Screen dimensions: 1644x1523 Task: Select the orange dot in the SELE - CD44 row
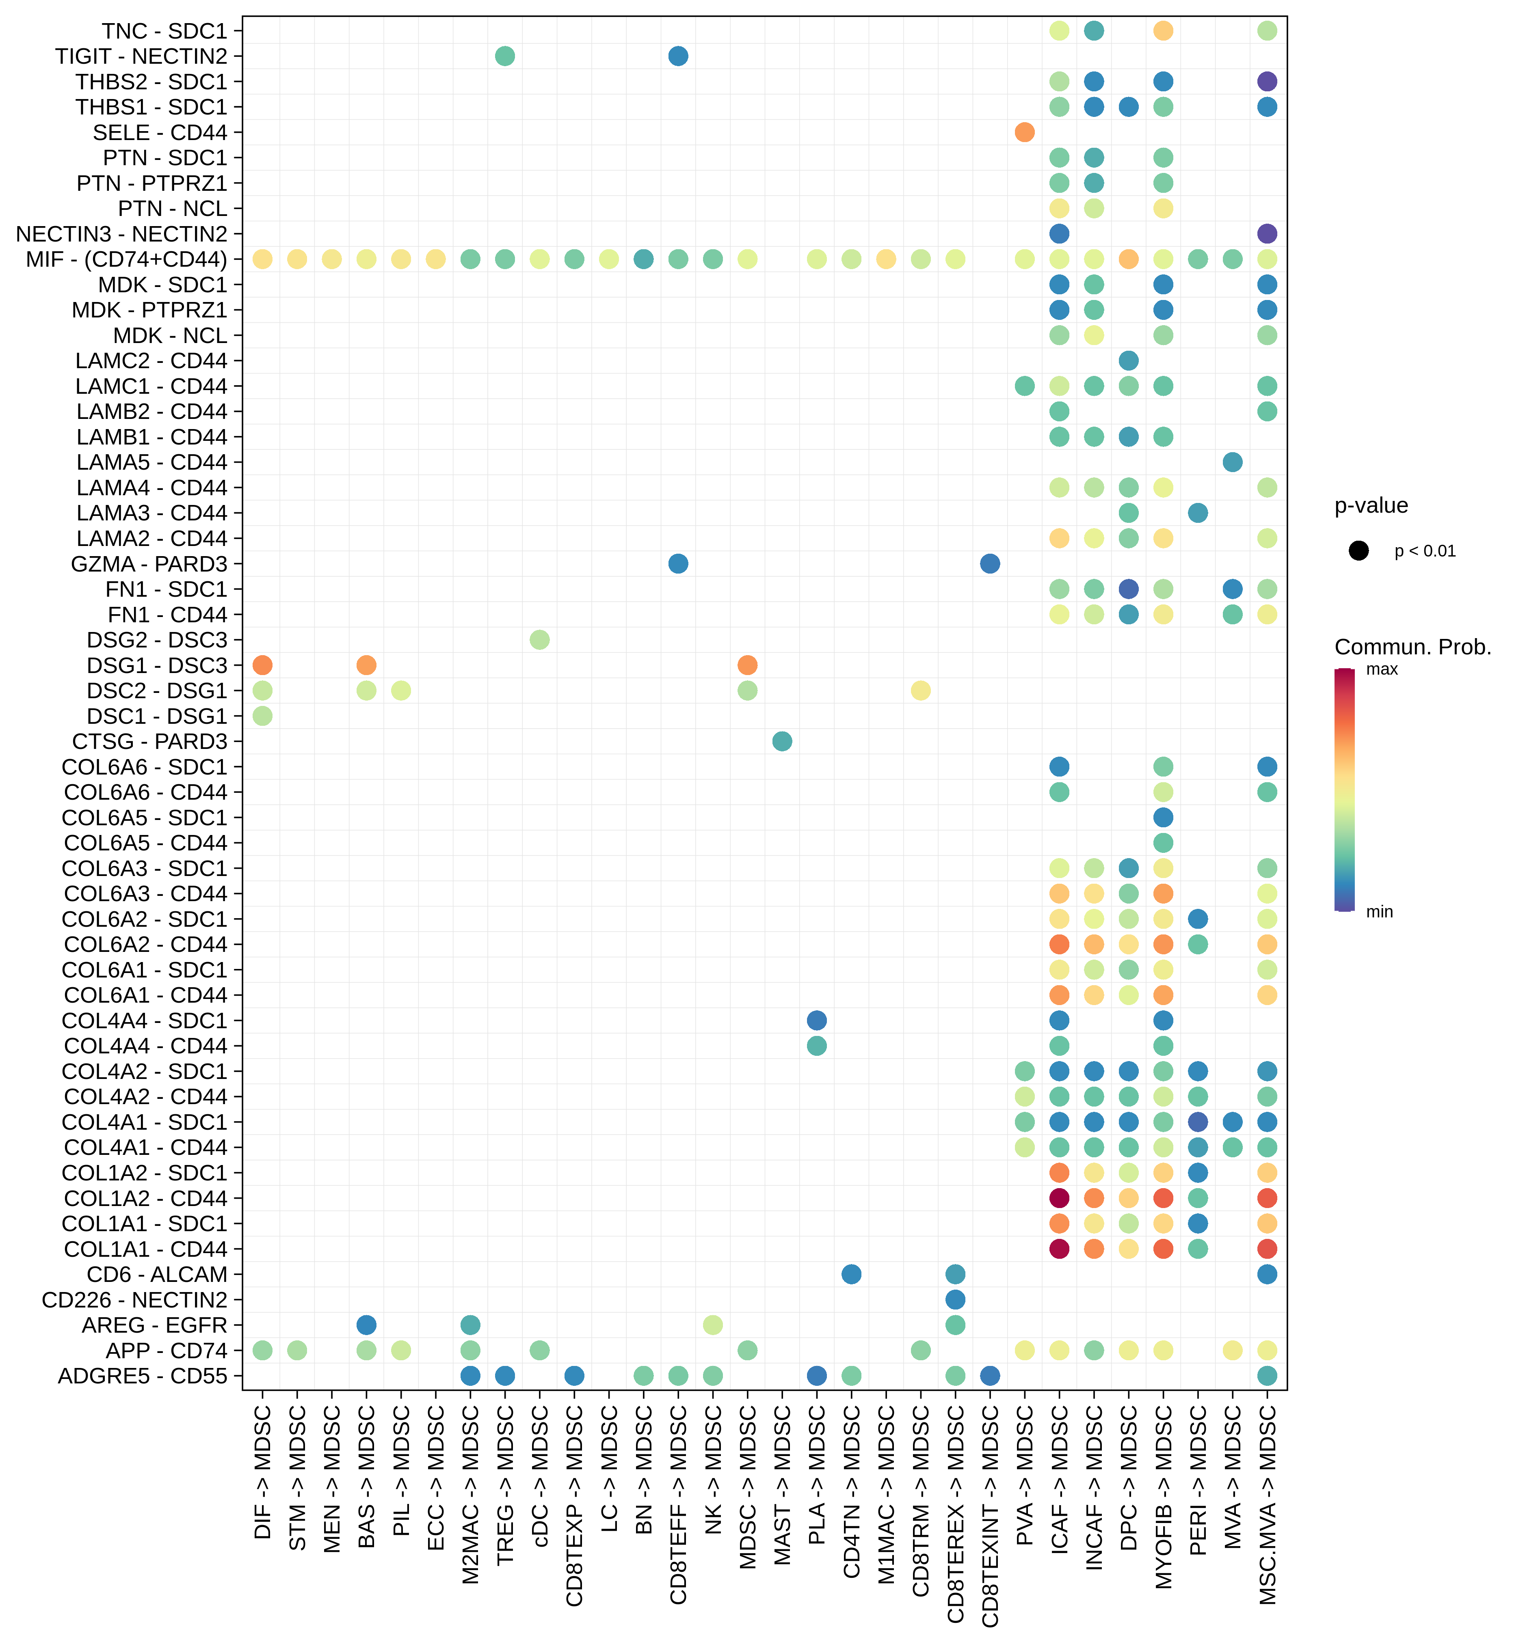coord(1024,132)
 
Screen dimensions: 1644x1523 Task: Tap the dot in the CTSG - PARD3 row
coord(782,741)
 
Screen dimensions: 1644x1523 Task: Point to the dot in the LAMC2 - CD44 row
coord(1128,361)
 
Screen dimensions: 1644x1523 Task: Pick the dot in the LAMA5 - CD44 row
coord(1232,462)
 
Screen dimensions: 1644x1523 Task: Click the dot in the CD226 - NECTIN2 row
coord(955,1300)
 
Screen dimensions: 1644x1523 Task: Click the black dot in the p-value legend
coord(1359,551)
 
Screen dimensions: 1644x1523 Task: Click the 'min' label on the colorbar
coord(1380,912)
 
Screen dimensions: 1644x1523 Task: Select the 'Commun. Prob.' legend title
coord(1413,647)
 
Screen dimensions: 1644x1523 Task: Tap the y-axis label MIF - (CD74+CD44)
coord(126,259)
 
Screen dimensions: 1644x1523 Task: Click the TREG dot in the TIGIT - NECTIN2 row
coord(505,56)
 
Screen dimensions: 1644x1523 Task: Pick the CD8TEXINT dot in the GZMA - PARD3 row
coord(990,563)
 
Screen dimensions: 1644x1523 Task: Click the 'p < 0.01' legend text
coord(1425,551)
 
